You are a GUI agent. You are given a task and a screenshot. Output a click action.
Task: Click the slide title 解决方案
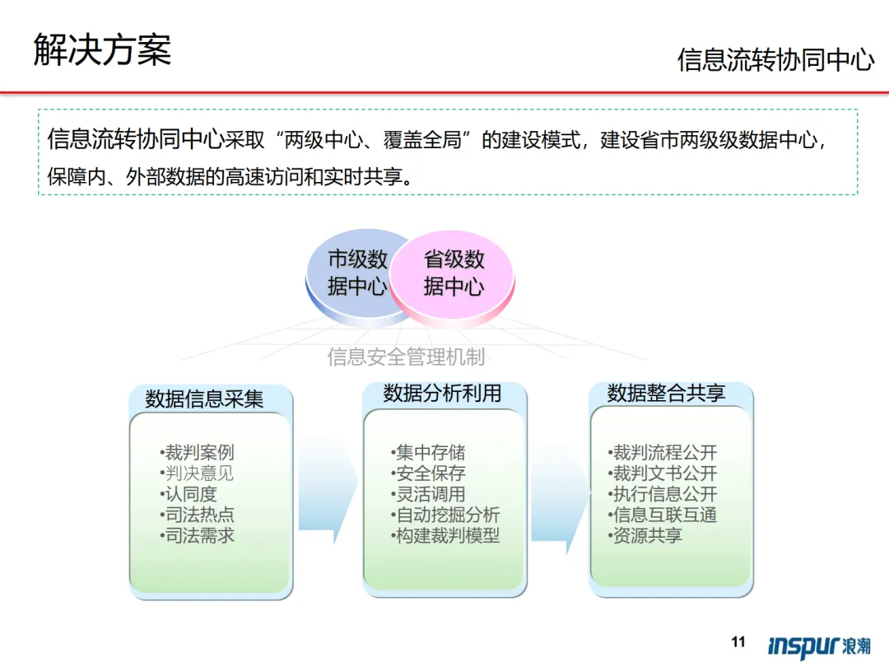tap(102, 49)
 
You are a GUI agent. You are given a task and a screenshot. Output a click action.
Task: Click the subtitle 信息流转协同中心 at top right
tap(775, 60)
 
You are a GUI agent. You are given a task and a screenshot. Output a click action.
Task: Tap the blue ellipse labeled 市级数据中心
tap(350, 273)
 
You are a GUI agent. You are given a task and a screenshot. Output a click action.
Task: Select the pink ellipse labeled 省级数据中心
tap(454, 273)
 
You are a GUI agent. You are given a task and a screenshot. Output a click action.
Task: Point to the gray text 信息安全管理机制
tap(406, 357)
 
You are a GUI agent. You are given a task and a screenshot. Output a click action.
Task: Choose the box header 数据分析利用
tap(442, 394)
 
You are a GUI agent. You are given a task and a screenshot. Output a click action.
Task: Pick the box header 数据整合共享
tap(666, 394)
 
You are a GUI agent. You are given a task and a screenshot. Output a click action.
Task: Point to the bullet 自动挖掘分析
tap(446, 515)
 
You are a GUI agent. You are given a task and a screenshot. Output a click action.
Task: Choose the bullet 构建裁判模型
tap(446, 536)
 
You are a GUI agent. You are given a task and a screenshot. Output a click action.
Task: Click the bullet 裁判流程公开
tap(663, 452)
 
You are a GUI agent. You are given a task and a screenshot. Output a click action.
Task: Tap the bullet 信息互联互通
tap(663, 515)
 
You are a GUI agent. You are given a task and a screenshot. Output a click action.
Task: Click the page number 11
tap(738, 642)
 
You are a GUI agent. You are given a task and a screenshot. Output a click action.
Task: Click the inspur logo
tap(818, 646)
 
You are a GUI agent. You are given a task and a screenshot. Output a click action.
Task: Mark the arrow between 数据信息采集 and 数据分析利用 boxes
tap(327, 486)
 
